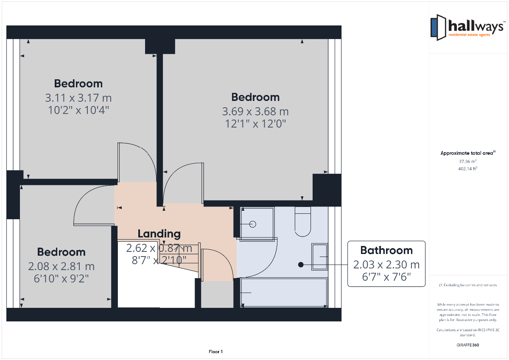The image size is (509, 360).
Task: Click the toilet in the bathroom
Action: click(303, 221)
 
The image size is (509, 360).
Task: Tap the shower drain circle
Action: click(253, 224)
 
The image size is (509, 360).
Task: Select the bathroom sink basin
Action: click(319, 257)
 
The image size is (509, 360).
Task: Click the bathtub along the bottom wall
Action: click(284, 293)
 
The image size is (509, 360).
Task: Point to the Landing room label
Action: click(159, 234)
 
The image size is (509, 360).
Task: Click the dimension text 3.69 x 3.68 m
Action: click(255, 112)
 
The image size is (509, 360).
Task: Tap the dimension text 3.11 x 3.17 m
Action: click(78, 98)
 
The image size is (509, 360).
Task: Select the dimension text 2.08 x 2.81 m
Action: click(62, 266)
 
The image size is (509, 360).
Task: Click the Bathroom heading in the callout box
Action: click(386, 250)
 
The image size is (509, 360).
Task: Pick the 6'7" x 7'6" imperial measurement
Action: click(386, 277)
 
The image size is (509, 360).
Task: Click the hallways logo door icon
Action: click(438, 28)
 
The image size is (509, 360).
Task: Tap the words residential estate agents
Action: click(469, 35)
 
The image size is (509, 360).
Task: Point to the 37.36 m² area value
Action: click(467, 162)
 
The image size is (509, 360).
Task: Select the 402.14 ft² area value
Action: click(467, 169)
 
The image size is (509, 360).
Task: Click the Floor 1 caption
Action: click(215, 352)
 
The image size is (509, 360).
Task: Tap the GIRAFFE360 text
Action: click(467, 345)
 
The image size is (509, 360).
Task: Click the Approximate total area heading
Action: click(468, 153)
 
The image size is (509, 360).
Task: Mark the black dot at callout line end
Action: click(301, 265)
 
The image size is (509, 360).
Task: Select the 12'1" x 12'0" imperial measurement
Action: click(255, 124)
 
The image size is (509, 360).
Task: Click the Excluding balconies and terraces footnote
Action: click(468, 285)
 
